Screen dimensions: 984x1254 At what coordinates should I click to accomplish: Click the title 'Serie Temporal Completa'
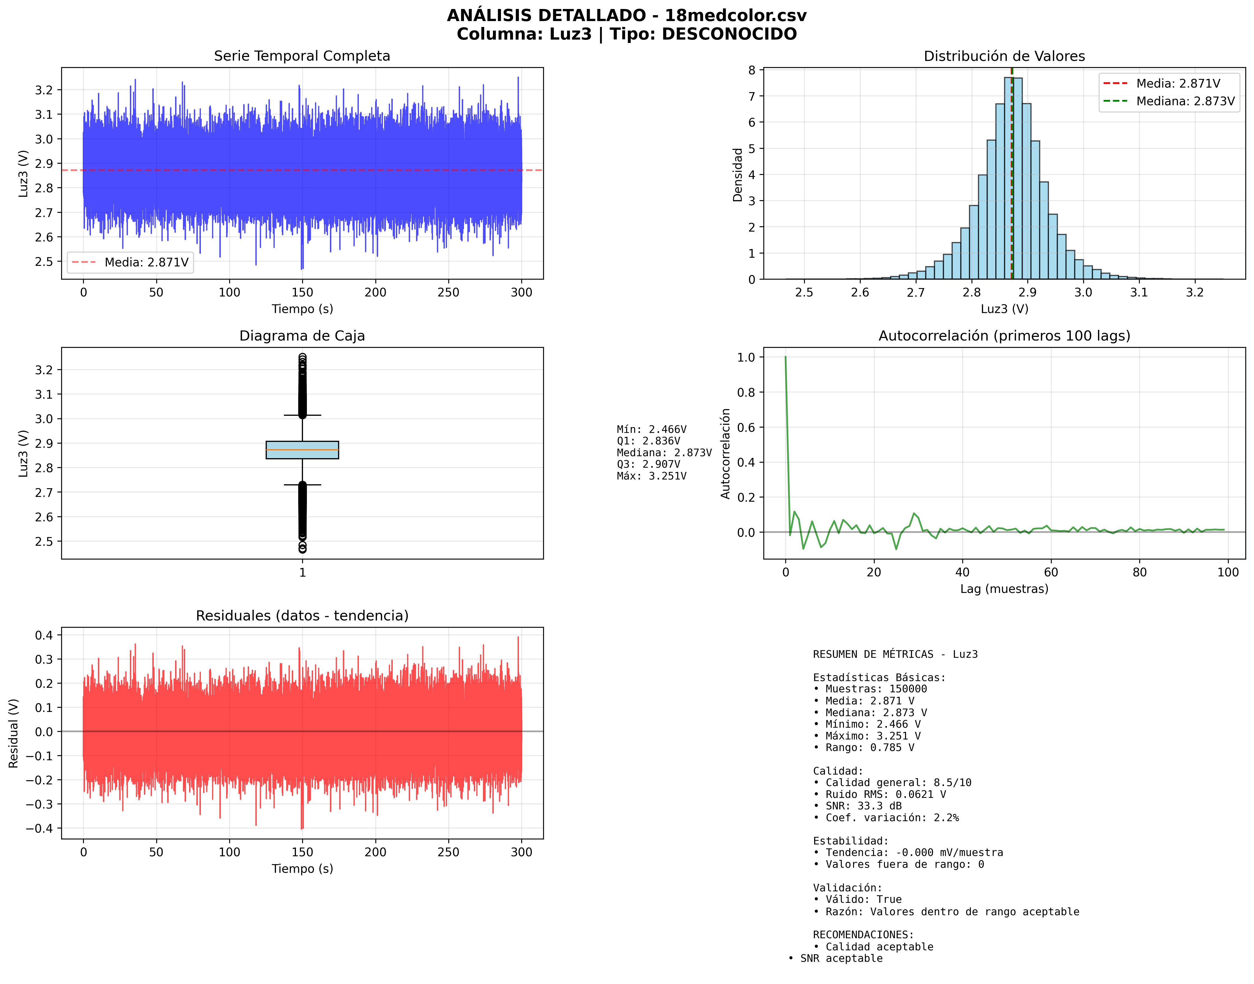302,56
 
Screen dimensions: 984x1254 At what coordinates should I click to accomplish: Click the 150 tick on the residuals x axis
302,852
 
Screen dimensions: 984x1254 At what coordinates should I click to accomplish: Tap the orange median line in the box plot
302,449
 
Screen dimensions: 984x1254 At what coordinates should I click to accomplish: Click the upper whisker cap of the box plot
302,415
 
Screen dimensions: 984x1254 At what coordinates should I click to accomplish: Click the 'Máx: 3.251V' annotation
651,476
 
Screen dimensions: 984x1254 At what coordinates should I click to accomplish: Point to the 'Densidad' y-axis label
738,175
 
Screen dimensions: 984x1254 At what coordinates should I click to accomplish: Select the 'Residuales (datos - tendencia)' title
302,616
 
